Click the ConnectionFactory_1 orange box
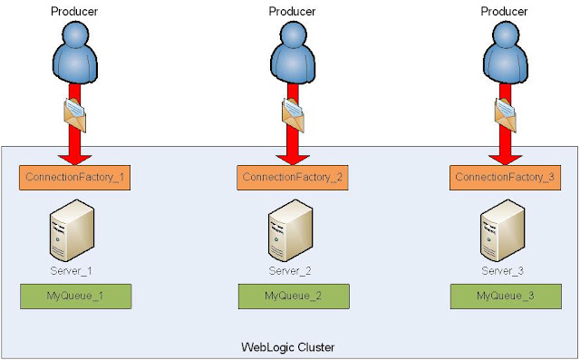(x=74, y=178)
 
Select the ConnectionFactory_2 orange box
(x=293, y=178)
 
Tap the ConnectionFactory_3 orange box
(x=506, y=178)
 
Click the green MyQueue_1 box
(x=76, y=297)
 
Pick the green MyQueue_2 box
(x=294, y=297)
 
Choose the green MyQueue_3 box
(x=506, y=297)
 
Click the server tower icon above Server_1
(x=72, y=230)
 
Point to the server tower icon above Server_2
(x=290, y=230)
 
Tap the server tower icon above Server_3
(x=503, y=230)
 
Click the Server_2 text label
(x=290, y=271)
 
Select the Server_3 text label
(x=502, y=271)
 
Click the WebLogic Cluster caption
(x=288, y=347)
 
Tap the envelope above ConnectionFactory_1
(x=75, y=115)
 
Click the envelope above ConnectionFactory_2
(x=294, y=115)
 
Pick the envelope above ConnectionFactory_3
(x=506, y=115)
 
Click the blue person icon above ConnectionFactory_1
(x=75, y=53)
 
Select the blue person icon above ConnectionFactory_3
(x=506, y=53)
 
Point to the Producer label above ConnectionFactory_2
(x=292, y=12)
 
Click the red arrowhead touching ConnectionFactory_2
(x=293, y=160)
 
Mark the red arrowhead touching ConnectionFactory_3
(x=506, y=160)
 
